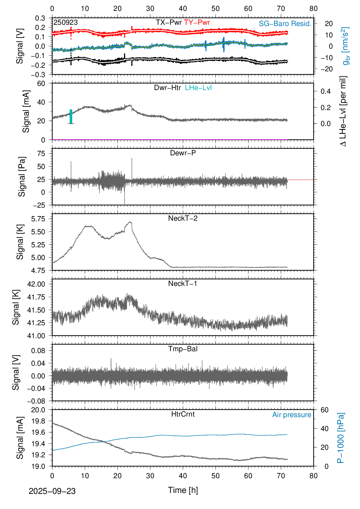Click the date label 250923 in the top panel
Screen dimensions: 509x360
[x=66, y=23]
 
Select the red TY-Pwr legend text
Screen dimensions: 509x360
[x=197, y=22]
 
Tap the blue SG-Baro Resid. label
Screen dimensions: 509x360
[x=285, y=24]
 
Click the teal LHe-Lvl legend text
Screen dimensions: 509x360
[x=198, y=88]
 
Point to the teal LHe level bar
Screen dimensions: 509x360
[x=71, y=116]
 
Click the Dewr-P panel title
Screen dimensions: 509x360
[x=183, y=153]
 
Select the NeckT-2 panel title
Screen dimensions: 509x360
[x=183, y=218]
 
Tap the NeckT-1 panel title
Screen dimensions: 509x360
[x=183, y=284]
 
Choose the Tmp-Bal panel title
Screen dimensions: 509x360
[x=183, y=349]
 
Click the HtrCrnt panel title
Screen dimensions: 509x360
[x=183, y=414]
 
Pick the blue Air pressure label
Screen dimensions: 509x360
[x=292, y=415]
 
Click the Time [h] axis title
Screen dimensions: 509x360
[x=183, y=490]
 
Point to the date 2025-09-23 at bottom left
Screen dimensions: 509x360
[x=52, y=491]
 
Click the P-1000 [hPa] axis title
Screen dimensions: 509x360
[x=341, y=438]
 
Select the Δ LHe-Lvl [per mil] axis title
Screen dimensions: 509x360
[x=343, y=111]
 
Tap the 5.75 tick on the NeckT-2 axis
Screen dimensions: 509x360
[x=38, y=219]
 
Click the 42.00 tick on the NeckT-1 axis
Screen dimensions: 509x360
[x=36, y=284]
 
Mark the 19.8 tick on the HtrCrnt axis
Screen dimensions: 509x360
[x=38, y=421]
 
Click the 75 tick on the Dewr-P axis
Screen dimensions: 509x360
[x=41, y=154]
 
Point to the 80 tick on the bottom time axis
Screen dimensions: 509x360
[x=313, y=476]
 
